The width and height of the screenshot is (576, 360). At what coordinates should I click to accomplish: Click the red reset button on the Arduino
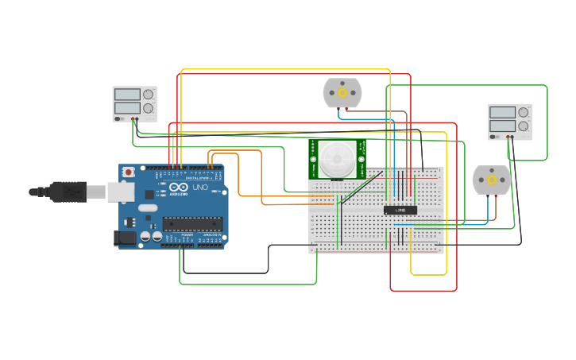click(128, 172)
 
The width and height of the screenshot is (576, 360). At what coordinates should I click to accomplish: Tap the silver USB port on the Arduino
click(120, 192)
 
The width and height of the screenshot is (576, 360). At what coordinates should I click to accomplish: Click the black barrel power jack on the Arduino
click(124, 237)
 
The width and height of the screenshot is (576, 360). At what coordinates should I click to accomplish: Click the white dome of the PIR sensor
click(337, 158)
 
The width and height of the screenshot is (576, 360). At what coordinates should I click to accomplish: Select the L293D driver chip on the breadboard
click(400, 210)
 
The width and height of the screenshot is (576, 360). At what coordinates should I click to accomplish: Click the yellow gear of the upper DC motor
click(342, 93)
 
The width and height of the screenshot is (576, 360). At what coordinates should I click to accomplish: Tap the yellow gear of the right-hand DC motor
click(492, 180)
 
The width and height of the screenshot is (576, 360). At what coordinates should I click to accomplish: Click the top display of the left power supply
click(127, 95)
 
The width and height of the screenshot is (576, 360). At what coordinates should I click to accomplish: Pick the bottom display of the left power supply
click(127, 108)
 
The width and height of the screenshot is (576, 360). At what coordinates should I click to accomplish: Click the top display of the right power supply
click(502, 113)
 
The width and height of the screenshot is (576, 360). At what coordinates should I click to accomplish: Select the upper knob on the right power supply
click(523, 112)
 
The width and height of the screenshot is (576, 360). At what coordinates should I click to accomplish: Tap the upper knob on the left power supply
click(148, 94)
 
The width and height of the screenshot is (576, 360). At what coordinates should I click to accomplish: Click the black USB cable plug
click(68, 192)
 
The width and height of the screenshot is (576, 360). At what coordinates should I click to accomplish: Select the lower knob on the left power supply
click(148, 108)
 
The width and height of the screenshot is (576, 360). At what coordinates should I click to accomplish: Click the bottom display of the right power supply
click(502, 126)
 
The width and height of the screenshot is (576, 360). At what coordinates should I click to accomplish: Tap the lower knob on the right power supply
click(523, 126)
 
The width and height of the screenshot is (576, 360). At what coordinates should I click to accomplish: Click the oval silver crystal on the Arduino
click(148, 208)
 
